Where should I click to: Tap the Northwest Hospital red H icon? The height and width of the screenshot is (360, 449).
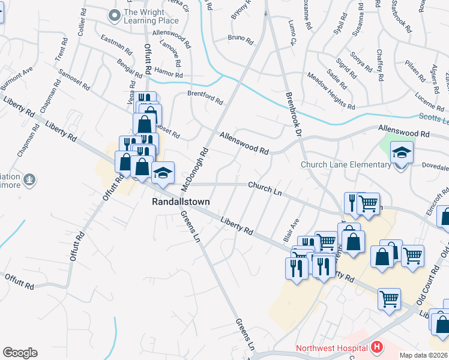376,347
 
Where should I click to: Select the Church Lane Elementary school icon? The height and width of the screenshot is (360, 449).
402,153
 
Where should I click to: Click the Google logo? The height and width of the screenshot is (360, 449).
20,353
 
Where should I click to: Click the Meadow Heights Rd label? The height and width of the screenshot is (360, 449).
331,91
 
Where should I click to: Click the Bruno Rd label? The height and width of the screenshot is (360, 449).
240,38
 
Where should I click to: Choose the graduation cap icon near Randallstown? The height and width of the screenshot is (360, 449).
162,173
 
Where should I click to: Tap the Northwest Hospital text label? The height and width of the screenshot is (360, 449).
331,348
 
